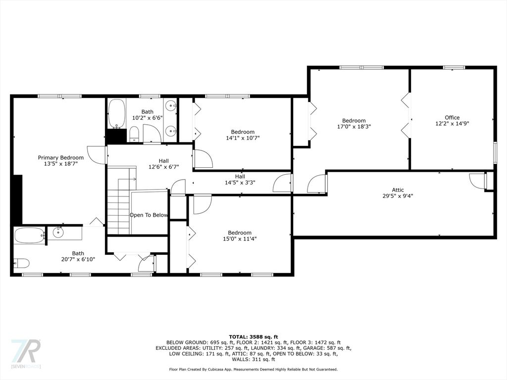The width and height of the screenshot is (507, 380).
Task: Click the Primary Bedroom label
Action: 61,158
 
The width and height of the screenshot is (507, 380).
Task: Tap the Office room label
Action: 452,118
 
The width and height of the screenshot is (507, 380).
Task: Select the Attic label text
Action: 398,190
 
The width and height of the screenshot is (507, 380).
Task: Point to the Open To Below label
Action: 149,215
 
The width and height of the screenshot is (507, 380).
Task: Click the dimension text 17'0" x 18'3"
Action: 354,127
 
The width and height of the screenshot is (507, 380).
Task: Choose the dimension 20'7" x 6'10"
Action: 78,259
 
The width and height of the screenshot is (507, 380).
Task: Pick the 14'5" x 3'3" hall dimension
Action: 240,183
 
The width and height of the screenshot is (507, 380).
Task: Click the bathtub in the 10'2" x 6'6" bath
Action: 116,114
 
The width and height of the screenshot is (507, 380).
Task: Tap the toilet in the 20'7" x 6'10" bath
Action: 21,263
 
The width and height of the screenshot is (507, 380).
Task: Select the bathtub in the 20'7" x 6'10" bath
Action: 29,236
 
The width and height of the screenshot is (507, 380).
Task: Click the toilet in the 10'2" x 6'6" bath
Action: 134,134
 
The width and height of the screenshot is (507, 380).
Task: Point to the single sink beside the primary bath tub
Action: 58,232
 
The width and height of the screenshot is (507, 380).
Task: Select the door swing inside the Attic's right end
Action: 477,180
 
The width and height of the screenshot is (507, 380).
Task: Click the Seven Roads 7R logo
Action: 26,351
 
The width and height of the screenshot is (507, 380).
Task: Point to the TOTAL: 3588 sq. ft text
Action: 253,336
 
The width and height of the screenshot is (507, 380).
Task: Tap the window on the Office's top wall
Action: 454,67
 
